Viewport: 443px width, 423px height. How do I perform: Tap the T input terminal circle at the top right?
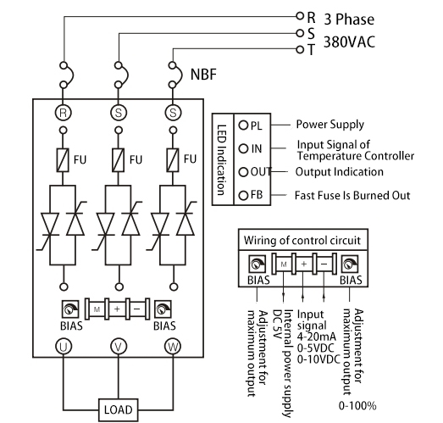300,49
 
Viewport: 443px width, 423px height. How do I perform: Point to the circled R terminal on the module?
63,112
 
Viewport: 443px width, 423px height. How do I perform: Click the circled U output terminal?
63,345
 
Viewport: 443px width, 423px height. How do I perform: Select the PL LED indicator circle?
243,125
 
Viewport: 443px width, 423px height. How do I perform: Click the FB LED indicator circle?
243,195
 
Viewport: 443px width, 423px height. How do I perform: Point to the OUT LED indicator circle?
243,172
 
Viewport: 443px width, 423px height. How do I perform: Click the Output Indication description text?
339,172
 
